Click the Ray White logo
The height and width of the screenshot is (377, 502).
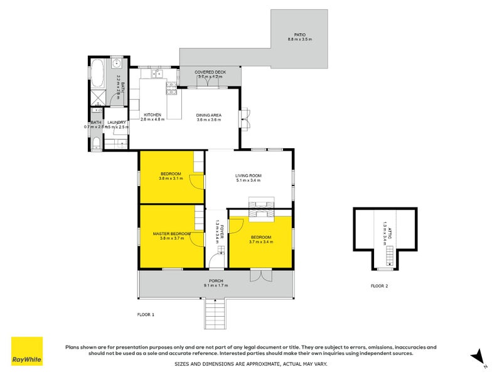[27, 351]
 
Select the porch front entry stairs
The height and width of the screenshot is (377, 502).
[215, 314]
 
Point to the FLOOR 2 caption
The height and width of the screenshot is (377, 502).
[379, 286]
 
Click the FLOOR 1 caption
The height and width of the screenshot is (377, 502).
[146, 314]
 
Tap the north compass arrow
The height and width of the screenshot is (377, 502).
[478, 356]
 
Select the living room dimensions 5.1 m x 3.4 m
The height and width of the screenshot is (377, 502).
[248, 180]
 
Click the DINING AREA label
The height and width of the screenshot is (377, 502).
[208, 115]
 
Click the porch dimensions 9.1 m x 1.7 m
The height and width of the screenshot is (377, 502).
[215, 286]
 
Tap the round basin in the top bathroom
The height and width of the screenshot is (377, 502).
[117, 63]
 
